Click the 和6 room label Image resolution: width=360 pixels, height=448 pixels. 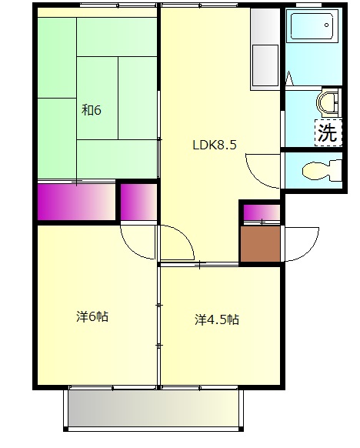91,110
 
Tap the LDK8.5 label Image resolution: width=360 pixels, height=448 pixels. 215,145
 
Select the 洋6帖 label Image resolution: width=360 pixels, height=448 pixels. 92,316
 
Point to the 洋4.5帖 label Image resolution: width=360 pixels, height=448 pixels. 217,319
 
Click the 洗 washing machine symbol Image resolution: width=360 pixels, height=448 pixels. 328,133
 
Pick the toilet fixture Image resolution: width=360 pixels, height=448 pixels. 322,171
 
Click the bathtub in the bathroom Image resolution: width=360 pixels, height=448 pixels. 312,25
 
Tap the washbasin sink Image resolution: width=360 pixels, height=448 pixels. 327,102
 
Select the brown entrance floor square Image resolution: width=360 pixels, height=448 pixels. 260,244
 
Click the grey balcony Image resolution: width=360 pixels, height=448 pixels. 154,409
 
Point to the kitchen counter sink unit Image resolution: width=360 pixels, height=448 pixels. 265,49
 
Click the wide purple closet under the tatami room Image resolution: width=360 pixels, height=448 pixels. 76,202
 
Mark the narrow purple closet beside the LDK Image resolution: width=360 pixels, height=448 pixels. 138,202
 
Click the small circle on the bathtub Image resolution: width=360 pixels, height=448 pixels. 327,25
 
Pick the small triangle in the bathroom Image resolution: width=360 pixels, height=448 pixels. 289,79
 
